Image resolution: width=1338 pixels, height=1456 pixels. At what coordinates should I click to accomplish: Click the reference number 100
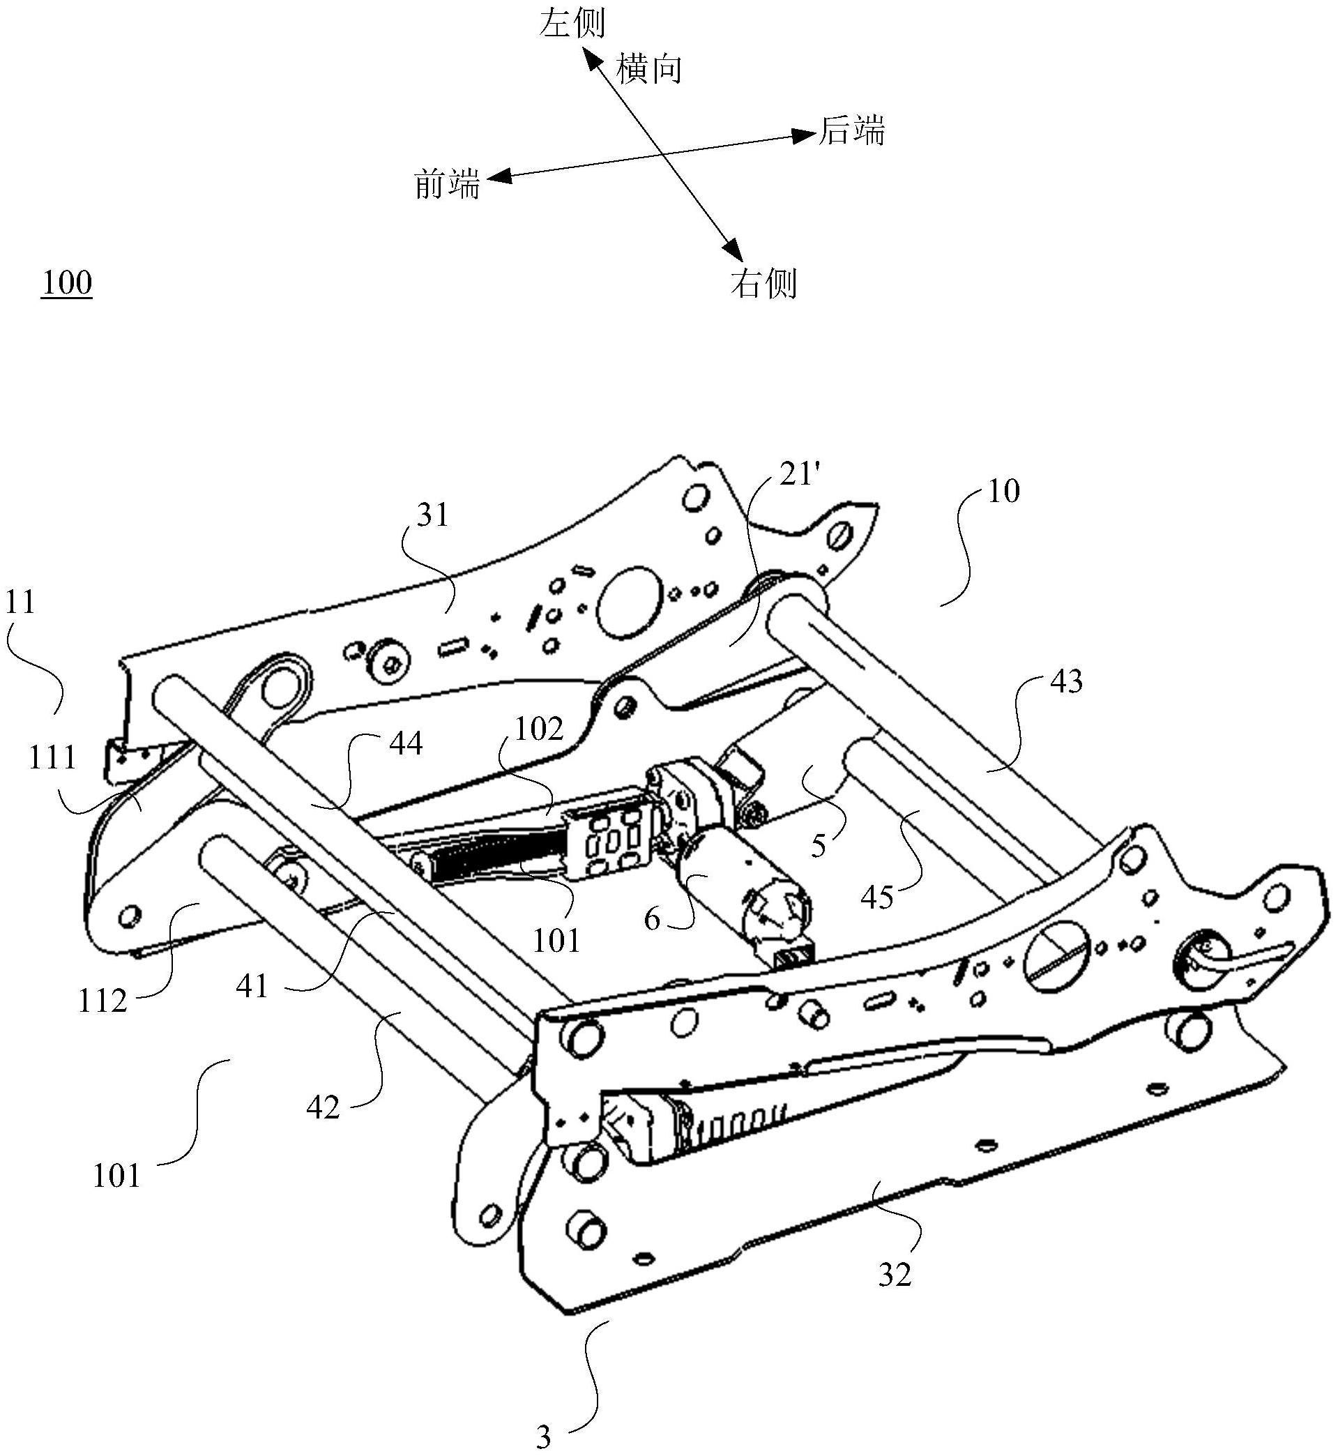[67, 282]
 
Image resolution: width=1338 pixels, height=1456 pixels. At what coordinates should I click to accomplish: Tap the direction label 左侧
[572, 22]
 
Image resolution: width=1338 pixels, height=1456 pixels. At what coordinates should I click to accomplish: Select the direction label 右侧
[764, 283]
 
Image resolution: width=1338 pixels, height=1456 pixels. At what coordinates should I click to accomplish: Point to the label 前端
[448, 184]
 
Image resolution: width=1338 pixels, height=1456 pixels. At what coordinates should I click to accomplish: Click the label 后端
[851, 131]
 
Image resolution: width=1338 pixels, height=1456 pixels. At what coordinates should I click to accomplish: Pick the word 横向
[649, 70]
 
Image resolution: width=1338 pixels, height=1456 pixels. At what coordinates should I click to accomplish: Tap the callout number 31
[433, 515]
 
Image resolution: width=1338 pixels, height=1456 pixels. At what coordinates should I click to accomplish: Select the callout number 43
[1066, 682]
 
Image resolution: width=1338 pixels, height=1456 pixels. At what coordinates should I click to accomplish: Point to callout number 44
[406, 743]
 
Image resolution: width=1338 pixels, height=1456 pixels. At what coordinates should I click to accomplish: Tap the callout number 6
[653, 920]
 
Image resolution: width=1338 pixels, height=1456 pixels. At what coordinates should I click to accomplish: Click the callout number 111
[53, 757]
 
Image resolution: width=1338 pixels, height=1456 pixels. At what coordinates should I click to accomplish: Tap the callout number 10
[1003, 492]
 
